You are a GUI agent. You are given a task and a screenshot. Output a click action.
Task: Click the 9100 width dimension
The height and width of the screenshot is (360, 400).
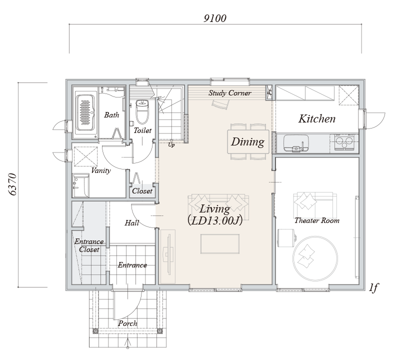coord(215,18)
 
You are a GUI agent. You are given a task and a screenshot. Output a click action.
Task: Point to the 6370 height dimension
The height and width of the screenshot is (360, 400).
coord(12,184)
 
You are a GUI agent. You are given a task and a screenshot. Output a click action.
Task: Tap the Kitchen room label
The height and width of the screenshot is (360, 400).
coord(317,119)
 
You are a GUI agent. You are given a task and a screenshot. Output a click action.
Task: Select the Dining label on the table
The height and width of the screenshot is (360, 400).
coord(247,142)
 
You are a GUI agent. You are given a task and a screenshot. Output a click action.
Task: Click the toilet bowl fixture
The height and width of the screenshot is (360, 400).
coord(142,111)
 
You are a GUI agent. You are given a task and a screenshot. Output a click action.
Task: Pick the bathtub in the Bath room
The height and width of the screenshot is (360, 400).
coord(85,112)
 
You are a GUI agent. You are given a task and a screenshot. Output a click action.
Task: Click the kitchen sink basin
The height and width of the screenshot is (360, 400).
coord(296,142)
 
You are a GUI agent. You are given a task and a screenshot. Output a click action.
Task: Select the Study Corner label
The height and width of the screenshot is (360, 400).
coord(230,93)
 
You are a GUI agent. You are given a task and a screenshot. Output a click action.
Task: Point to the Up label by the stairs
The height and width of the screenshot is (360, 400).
coord(171,145)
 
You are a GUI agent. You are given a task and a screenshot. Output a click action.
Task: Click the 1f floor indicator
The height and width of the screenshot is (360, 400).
coord(373,288)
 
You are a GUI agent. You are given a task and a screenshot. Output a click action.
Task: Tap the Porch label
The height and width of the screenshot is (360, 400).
coord(127,323)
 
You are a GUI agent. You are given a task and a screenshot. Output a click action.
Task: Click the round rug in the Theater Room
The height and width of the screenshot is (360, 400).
coord(315,258)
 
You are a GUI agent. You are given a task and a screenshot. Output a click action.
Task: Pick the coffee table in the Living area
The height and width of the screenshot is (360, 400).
coord(220,243)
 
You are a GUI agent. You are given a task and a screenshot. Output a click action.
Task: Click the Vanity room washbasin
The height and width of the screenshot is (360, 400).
coord(81,185)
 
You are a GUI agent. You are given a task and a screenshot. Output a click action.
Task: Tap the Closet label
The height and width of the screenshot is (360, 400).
coord(142,191)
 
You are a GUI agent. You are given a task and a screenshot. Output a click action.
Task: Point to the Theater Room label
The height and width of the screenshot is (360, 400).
coord(317,220)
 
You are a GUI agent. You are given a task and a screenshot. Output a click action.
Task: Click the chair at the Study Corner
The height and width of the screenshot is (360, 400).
coord(220,104)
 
